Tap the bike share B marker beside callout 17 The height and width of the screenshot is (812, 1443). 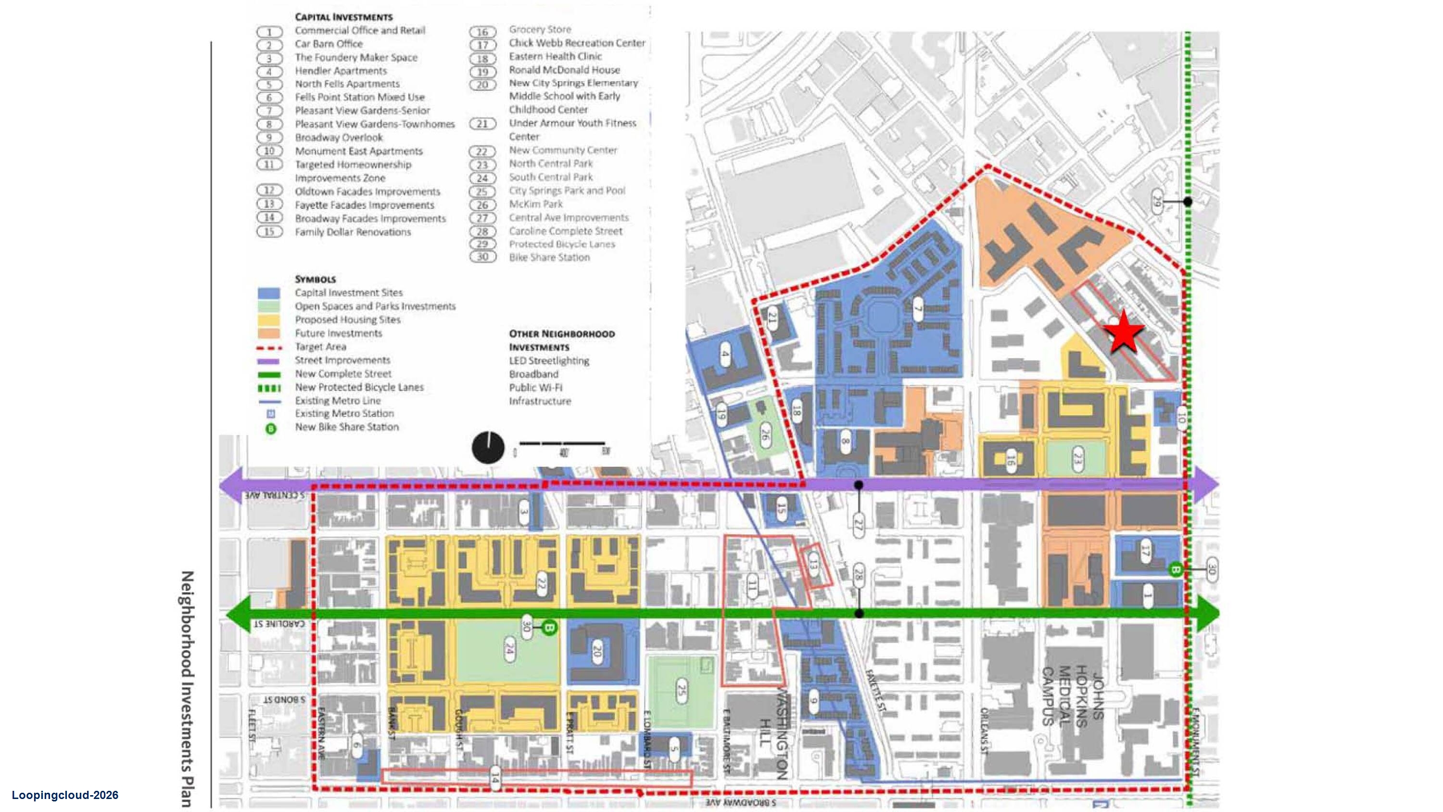(x=1175, y=570)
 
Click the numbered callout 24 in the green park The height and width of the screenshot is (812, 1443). (x=509, y=649)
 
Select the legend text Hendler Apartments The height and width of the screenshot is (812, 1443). (x=341, y=71)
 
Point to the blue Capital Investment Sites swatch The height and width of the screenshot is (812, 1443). (x=268, y=293)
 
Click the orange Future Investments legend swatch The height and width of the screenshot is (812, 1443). (x=268, y=334)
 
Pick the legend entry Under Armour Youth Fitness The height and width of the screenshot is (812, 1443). (x=572, y=123)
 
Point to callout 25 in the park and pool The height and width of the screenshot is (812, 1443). (x=681, y=690)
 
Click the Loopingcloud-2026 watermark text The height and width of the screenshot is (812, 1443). (x=65, y=795)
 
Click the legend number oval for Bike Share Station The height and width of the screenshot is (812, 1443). (x=482, y=257)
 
